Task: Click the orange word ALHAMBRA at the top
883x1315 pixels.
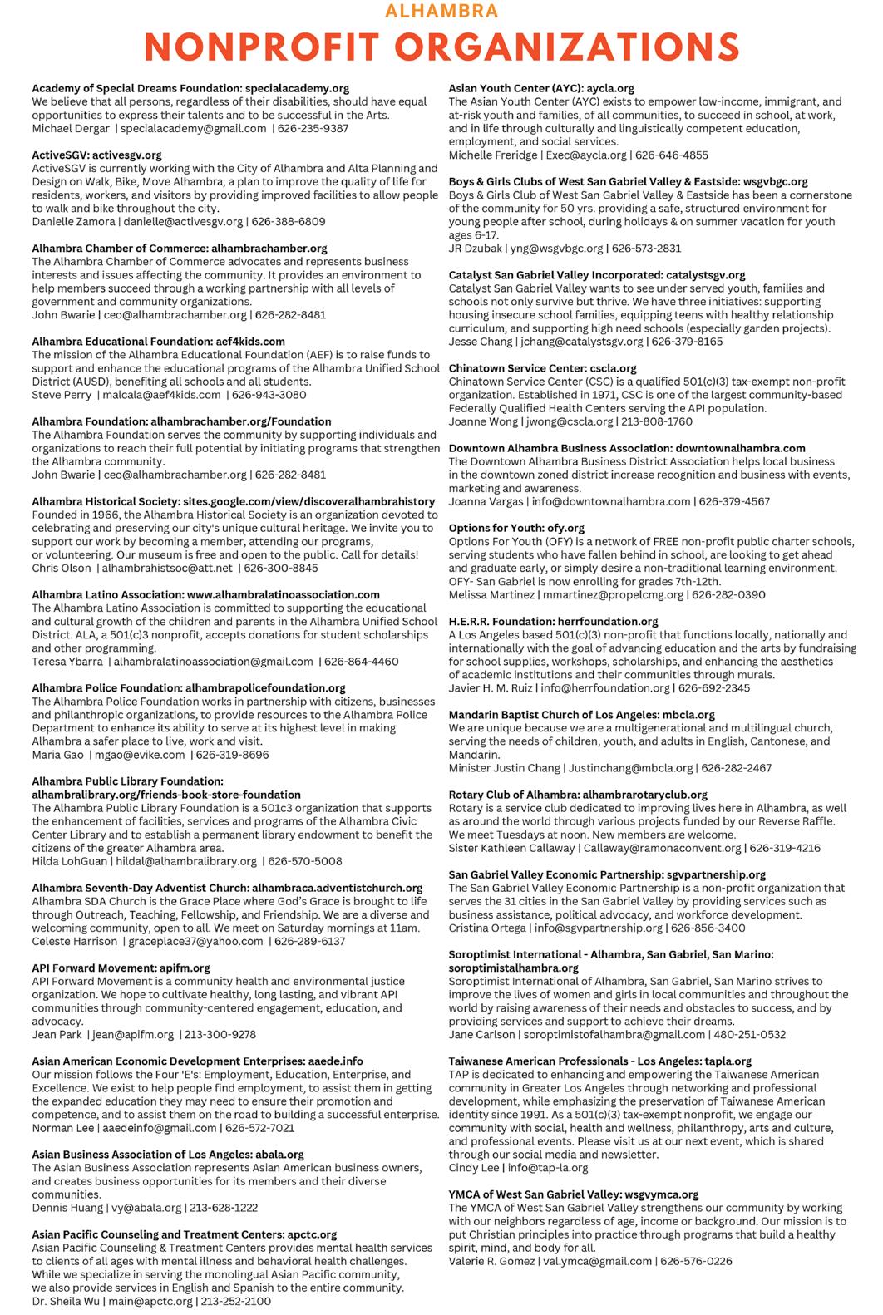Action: (441, 11)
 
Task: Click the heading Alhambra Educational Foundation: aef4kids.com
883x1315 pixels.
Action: (158, 342)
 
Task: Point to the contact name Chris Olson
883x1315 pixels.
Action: (61, 569)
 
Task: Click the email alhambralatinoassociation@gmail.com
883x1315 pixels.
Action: (213, 662)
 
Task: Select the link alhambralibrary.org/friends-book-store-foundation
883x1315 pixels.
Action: (166, 795)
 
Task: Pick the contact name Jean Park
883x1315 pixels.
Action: (57, 1035)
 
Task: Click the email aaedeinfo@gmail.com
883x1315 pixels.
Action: (159, 1128)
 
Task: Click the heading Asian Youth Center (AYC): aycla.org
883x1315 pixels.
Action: (541, 88)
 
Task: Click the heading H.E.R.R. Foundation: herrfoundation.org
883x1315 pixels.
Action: (553, 622)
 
